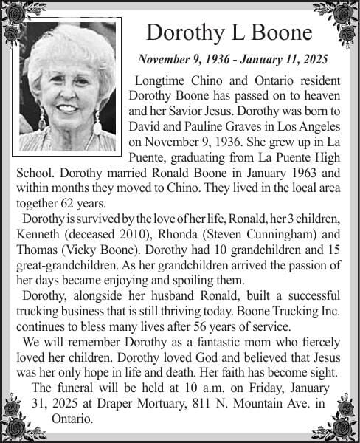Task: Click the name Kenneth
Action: pos(37,234)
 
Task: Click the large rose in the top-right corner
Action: pos(343,14)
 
